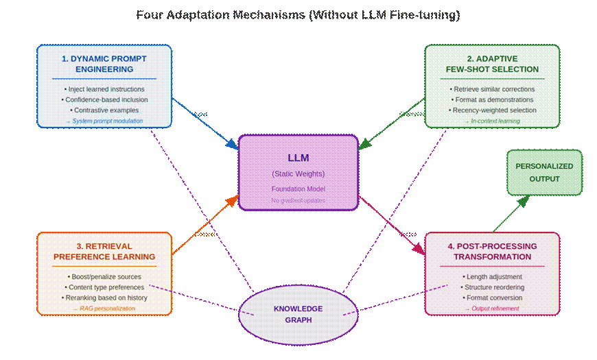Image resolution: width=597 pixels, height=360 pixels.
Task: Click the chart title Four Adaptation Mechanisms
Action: click(x=298, y=14)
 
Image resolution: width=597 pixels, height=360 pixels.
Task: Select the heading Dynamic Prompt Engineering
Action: click(x=104, y=64)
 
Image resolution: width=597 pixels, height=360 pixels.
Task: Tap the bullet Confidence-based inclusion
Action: click(x=104, y=99)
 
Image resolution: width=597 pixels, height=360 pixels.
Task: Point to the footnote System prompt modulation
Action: click(x=104, y=121)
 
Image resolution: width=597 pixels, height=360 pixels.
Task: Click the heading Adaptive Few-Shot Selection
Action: click(x=492, y=64)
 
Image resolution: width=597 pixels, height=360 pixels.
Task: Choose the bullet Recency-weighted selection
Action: click(x=492, y=110)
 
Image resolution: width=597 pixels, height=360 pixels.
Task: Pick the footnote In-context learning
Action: click(x=492, y=121)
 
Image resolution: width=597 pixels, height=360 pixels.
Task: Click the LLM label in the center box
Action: click(x=298, y=158)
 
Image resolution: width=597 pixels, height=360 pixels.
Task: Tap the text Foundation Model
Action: click(x=298, y=189)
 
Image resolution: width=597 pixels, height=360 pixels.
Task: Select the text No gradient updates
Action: click(x=298, y=200)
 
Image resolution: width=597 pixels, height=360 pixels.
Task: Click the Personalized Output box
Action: click(x=543, y=172)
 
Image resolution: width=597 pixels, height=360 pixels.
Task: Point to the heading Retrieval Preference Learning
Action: click(x=104, y=252)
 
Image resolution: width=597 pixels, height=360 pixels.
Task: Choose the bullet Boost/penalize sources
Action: click(x=104, y=276)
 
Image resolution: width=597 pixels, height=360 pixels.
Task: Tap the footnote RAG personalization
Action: click(x=104, y=309)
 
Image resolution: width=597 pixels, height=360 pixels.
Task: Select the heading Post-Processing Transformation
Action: click(x=492, y=252)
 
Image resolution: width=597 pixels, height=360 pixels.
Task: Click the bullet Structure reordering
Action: click(x=492, y=287)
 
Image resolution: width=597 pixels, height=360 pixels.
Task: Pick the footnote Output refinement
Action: click(x=492, y=309)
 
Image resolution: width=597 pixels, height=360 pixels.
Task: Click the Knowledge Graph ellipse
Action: click(x=298, y=314)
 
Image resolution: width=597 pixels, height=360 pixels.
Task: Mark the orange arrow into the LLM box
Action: click(x=205, y=226)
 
